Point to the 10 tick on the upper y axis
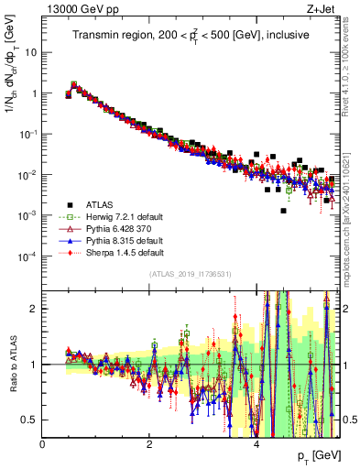(31, 52)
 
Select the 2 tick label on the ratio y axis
(35, 309)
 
